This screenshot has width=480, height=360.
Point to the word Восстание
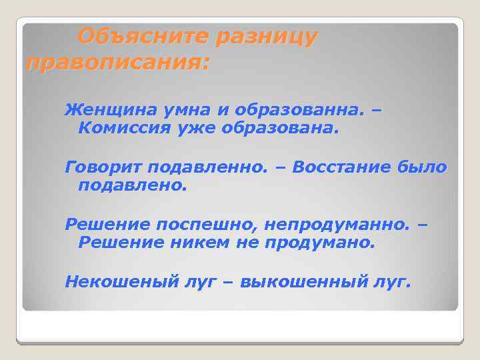point(338,167)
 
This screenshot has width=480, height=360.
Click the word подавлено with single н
point(133,185)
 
